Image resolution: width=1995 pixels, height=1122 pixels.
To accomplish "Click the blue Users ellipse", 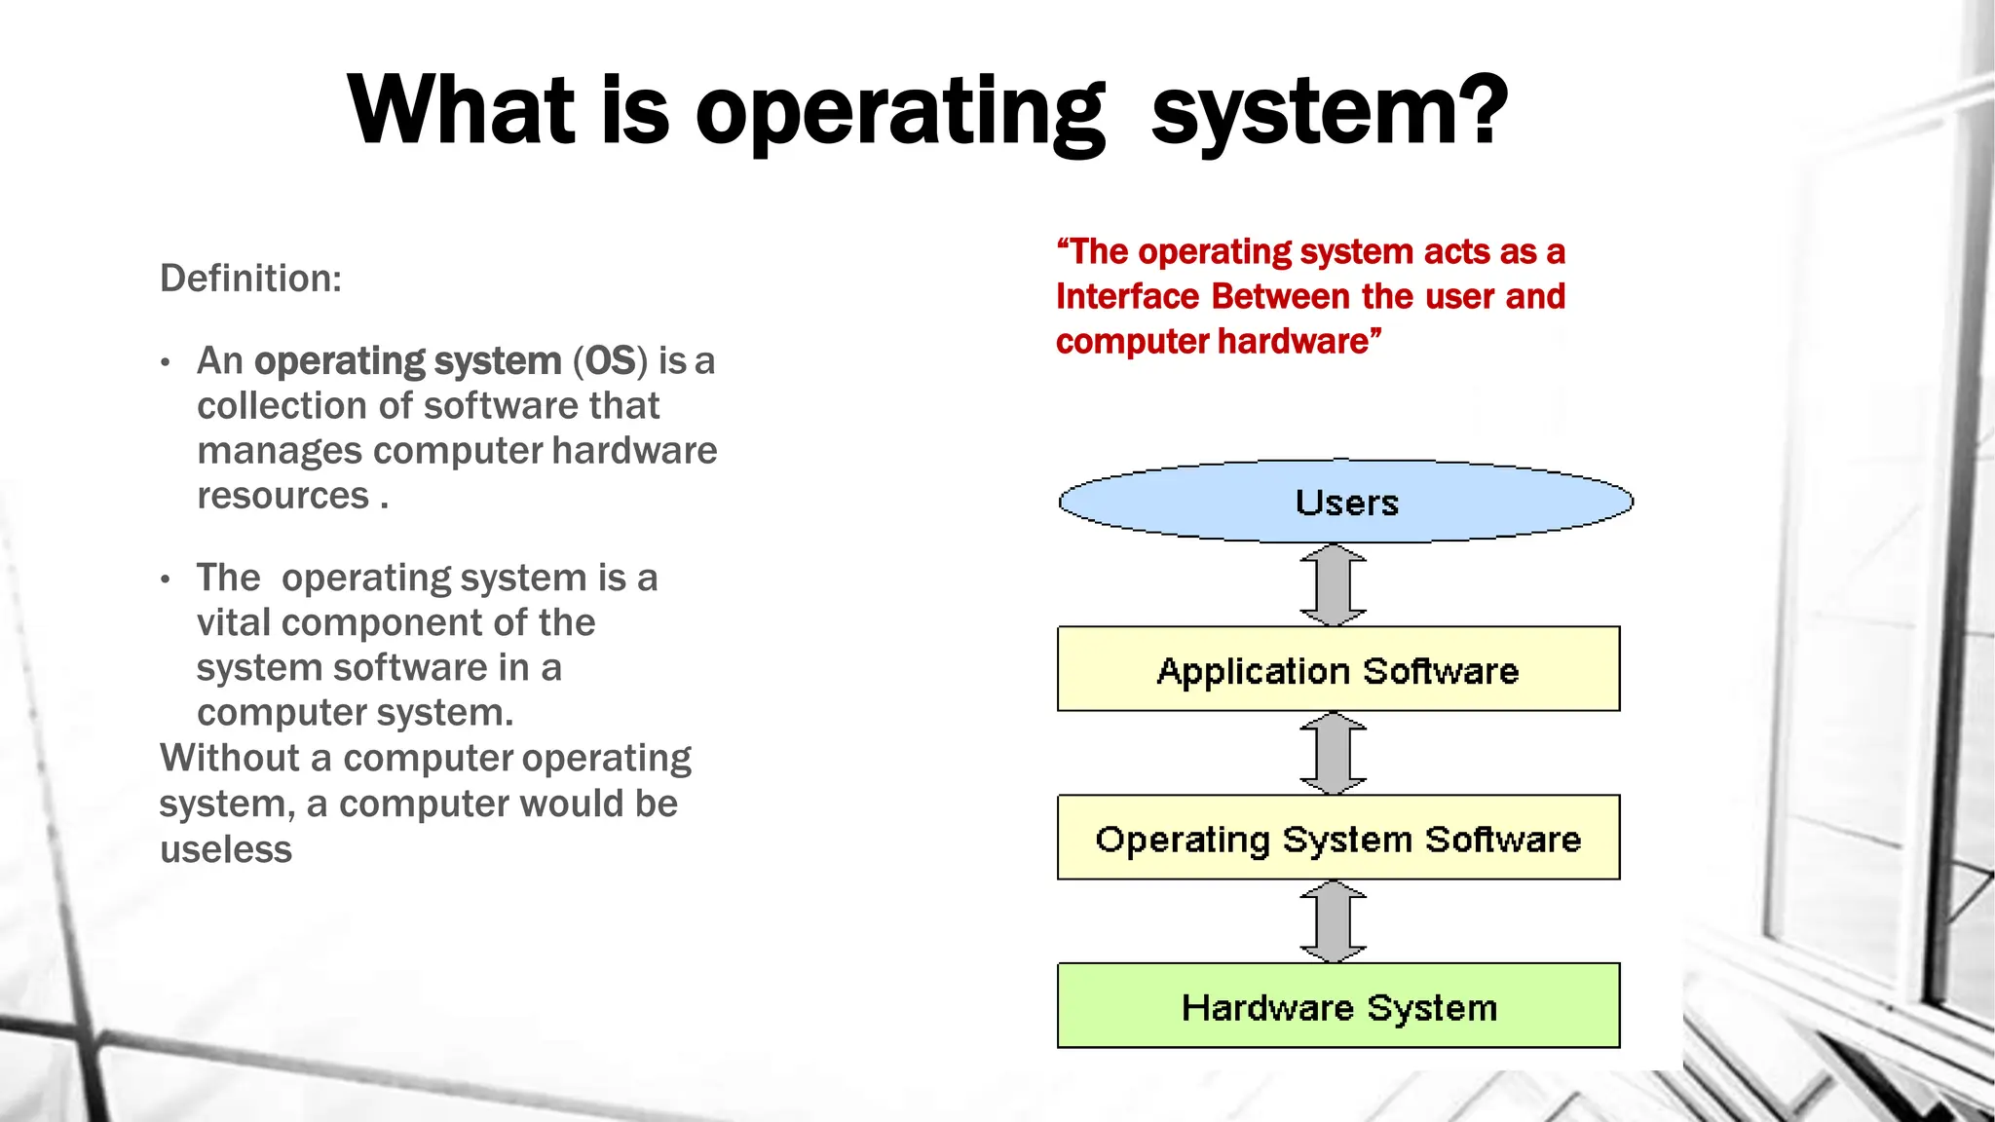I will [1345, 502].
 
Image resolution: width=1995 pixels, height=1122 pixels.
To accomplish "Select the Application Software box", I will [1337, 670].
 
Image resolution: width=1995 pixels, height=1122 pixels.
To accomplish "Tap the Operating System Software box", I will [1337, 839].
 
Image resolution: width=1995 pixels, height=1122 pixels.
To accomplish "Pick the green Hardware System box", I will [1337, 1006].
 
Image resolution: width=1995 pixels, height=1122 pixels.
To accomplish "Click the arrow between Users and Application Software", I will [1333, 584].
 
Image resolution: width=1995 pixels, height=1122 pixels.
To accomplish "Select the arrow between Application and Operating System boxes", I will [1333, 753].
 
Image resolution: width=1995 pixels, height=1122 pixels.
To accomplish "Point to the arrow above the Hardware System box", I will [1333, 921].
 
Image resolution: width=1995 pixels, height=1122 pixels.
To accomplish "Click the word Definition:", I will [250, 279].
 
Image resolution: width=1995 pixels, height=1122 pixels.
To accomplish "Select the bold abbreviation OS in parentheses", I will [610, 361].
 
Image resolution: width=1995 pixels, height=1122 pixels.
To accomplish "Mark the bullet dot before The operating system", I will [166, 580].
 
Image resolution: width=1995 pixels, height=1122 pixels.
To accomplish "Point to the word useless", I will [225, 849].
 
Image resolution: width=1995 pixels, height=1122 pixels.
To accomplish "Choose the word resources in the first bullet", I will [282, 496].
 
